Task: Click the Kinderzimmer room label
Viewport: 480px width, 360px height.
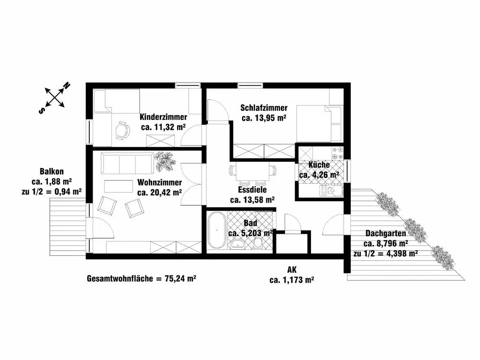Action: (x=163, y=117)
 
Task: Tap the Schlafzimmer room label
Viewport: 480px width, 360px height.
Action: (x=264, y=108)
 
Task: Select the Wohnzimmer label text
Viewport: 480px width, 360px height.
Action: (x=159, y=183)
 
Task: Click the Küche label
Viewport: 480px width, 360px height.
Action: (x=319, y=165)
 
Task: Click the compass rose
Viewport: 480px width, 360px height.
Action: (x=56, y=97)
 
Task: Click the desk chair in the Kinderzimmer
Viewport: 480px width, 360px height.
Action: (x=123, y=130)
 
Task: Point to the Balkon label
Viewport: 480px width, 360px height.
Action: (x=52, y=171)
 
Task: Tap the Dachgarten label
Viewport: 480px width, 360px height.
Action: (x=385, y=233)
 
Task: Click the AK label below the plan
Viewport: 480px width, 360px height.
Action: (x=292, y=270)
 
